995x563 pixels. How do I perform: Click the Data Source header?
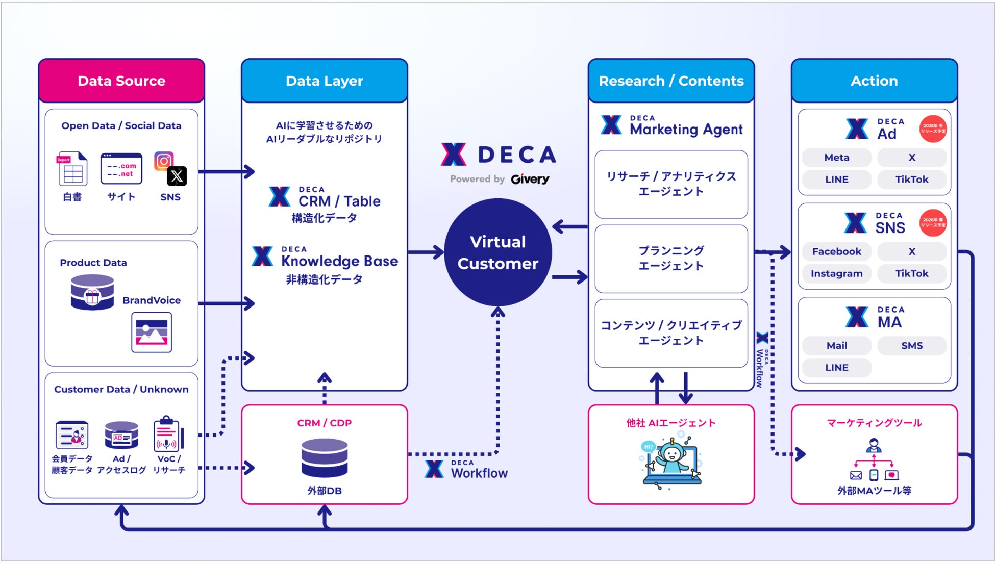pyautogui.click(x=121, y=81)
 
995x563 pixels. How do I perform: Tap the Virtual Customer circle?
pyautogui.click(x=497, y=252)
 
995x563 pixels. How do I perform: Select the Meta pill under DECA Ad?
pyautogui.click(x=836, y=158)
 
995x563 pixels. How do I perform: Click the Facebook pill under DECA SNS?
pyautogui.click(x=836, y=251)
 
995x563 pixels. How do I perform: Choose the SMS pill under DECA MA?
pyautogui.click(x=911, y=345)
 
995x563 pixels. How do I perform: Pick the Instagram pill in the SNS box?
pyautogui.click(x=836, y=273)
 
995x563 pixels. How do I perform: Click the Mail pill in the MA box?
pyautogui.click(x=836, y=345)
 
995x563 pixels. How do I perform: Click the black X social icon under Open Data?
pyautogui.click(x=177, y=176)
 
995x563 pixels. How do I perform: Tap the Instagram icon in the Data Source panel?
pyautogui.click(x=163, y=161)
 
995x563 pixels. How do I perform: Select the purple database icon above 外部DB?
pyautogui.click(x=325, y=457)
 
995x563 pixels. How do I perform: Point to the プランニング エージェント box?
pyautogui.click(x=671, y=259)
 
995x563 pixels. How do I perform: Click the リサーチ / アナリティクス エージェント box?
pyautogui.click(x=671, y=184)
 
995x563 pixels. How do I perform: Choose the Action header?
pyautogui.click(x=874, y=81)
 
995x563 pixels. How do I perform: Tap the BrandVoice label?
pyautogui.click(x=151, y=300)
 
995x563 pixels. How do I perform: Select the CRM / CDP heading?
pyautogui.click(x=325, y=423)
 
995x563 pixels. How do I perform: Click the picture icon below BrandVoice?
pyautogui.click(x=152, y=332)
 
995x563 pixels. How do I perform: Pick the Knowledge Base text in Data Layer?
pyautogui.click(x=339, y=261)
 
